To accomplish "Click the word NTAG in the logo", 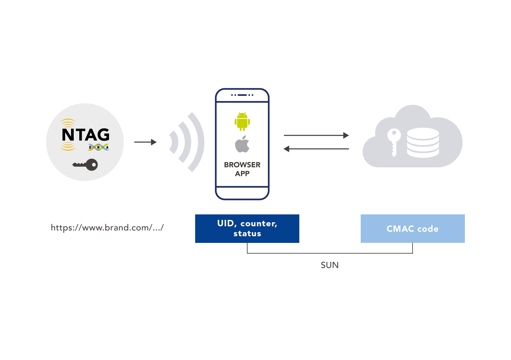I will (86, 135).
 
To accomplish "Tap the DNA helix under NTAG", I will (98, 147).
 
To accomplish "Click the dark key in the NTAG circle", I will (85, 165).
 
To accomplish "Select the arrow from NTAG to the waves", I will (145, 142).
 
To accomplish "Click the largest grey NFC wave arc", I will (197, 142).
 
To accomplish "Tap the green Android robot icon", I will (242, 121).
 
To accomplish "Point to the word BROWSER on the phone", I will (242, 165).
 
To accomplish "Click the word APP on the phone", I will (242, 174).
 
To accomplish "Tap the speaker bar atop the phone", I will (242, 95).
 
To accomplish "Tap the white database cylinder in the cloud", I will (423, 142).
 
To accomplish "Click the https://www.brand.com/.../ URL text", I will (107, 228).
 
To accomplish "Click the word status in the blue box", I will (247, 234).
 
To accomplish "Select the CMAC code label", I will (412, 229).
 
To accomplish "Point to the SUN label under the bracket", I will (330, 265).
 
